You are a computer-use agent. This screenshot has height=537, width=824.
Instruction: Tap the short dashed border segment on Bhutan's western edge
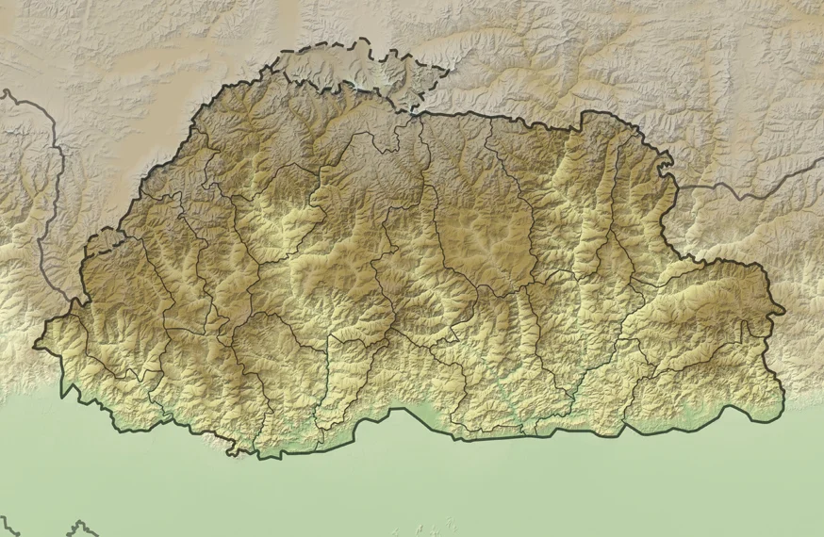click(x=104, y=236)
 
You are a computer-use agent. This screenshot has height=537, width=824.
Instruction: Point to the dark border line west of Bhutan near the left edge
click(x=42, y=188)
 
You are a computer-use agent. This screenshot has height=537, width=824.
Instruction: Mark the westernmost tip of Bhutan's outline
click(x=36, y=345)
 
